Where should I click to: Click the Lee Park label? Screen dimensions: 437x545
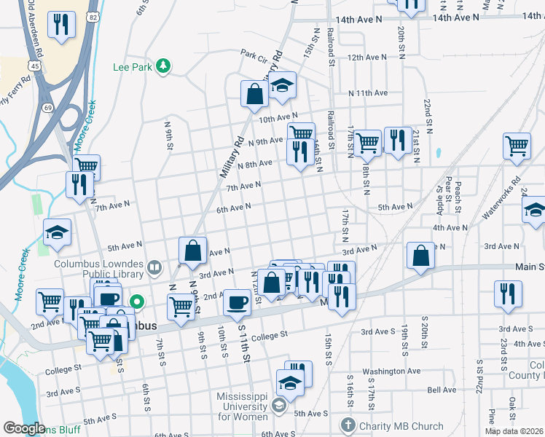pos(133,67)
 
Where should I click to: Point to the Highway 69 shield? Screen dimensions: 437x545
pos(48,108)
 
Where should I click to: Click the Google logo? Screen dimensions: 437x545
pos(23,428)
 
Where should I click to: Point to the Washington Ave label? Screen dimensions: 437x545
pos(391,371)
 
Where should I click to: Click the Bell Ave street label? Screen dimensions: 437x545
pos(442,390)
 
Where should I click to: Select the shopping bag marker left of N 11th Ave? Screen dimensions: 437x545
pos(255,93)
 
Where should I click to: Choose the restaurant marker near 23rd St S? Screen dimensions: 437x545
pos(508,293)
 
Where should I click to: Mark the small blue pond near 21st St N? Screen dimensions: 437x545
pos(438,154)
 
